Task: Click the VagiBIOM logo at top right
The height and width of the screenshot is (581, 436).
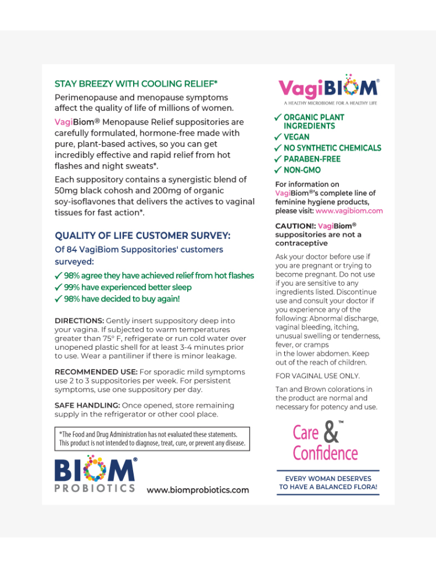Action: (x=328, y=88)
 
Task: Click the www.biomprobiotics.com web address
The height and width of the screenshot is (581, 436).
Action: (x=198, y=490)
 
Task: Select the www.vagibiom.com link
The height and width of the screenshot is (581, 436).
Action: (x=349, y=211)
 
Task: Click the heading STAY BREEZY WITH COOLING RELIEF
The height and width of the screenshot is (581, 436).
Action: (x=128, y=84)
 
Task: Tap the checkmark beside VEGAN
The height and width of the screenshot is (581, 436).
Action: (x=278, y=137)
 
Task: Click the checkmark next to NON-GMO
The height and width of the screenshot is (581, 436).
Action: (x=278, y=170)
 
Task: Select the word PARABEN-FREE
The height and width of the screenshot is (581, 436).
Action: (x=312, y=159)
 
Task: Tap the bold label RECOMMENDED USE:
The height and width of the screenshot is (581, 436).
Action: (x=96, y=372)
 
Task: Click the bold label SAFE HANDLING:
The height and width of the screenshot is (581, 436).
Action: (x=87, y=405)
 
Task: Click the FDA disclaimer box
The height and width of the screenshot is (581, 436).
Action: (x=152, y=439)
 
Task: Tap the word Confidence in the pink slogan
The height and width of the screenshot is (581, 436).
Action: (x=326, y=453)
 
